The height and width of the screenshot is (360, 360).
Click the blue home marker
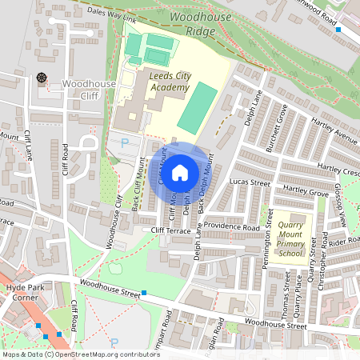tap(180, 172)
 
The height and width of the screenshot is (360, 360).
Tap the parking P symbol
tap(124, 142)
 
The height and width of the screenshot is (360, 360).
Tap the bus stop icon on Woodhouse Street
tap(144, 294)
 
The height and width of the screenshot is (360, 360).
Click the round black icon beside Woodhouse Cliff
tap(42, 78)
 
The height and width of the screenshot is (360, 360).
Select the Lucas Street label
tap(250, 182)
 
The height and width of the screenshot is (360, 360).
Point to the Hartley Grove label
tap(306, 193)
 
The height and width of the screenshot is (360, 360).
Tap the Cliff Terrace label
tap(170, 230)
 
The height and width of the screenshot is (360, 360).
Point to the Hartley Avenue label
tap(336, 133)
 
